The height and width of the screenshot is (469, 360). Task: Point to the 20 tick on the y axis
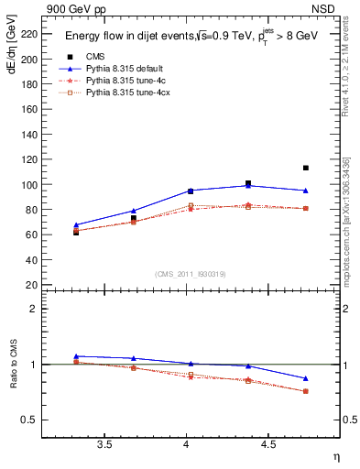34,285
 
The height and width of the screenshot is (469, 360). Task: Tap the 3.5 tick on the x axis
104,444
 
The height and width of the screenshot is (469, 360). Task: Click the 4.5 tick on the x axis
268,444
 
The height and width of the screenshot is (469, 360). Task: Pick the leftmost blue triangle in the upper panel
76,224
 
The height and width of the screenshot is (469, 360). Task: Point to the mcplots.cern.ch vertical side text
347,220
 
